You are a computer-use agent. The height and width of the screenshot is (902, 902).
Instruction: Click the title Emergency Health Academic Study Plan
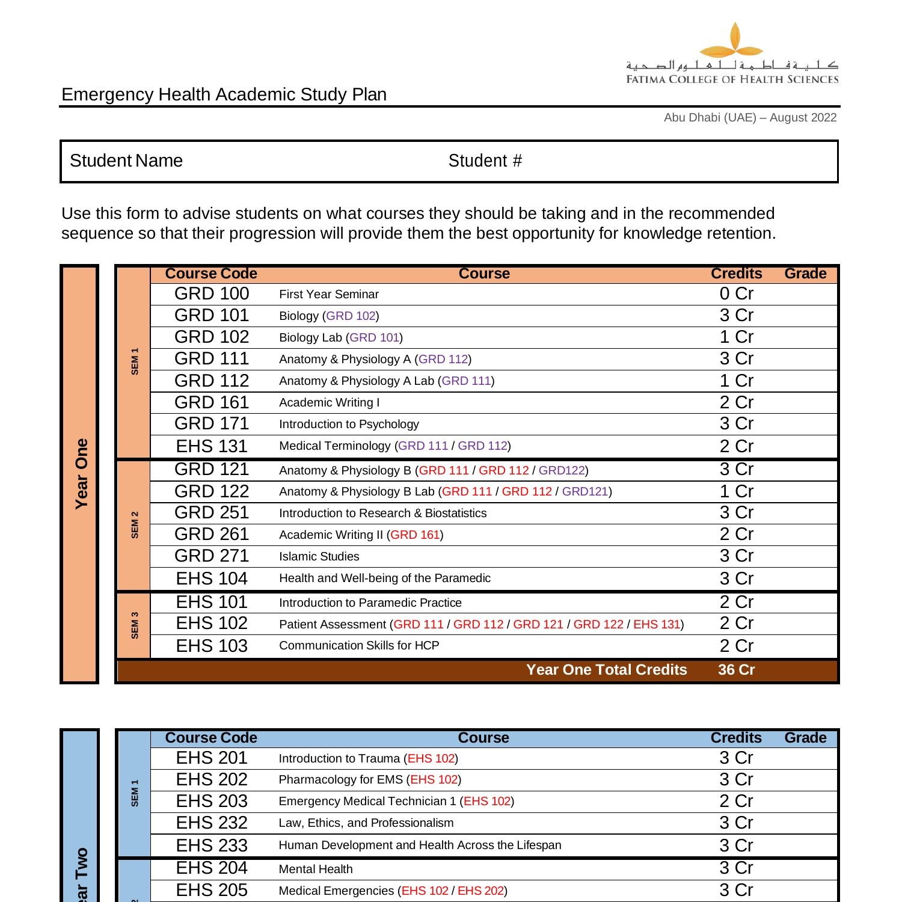tap(224, 94)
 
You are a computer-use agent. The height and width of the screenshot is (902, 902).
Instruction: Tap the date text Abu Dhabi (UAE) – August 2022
tap(750, 118)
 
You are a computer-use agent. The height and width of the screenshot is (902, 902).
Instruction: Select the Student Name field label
tap(126, 161)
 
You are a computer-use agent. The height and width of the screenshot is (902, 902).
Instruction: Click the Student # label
tap(485, 161)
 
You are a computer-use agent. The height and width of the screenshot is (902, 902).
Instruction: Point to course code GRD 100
tap(211, 294)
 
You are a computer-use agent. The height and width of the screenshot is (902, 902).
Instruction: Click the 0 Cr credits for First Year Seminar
tap(736, 294)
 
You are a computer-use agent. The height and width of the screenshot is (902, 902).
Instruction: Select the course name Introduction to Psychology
tap(349, 425)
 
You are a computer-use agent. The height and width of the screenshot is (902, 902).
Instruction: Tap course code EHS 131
tap(211, 446)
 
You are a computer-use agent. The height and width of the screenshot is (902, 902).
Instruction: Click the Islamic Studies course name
tap(319, 557)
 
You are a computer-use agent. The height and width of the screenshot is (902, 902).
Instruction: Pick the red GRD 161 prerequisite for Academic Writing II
tap(415, 535)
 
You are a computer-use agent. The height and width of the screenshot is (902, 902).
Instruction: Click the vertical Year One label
tap(81, 474)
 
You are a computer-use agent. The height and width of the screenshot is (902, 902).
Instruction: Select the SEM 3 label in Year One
tap(135, 625)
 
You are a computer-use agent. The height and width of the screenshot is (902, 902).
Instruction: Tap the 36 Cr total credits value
tap(736, 670)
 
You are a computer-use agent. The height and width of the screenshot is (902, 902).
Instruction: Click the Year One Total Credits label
tap(606, 670)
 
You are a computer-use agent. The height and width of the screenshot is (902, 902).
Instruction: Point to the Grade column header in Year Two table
tap(805, 738)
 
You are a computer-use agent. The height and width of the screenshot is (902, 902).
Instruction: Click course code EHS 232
tap(211, 823)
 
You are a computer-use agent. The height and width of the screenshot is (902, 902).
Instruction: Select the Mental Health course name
tap(316, 869)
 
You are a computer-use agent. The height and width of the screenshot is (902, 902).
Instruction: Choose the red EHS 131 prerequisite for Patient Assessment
tap(656, 624)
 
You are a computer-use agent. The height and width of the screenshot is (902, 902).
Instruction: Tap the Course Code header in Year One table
tap(211, 274)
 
